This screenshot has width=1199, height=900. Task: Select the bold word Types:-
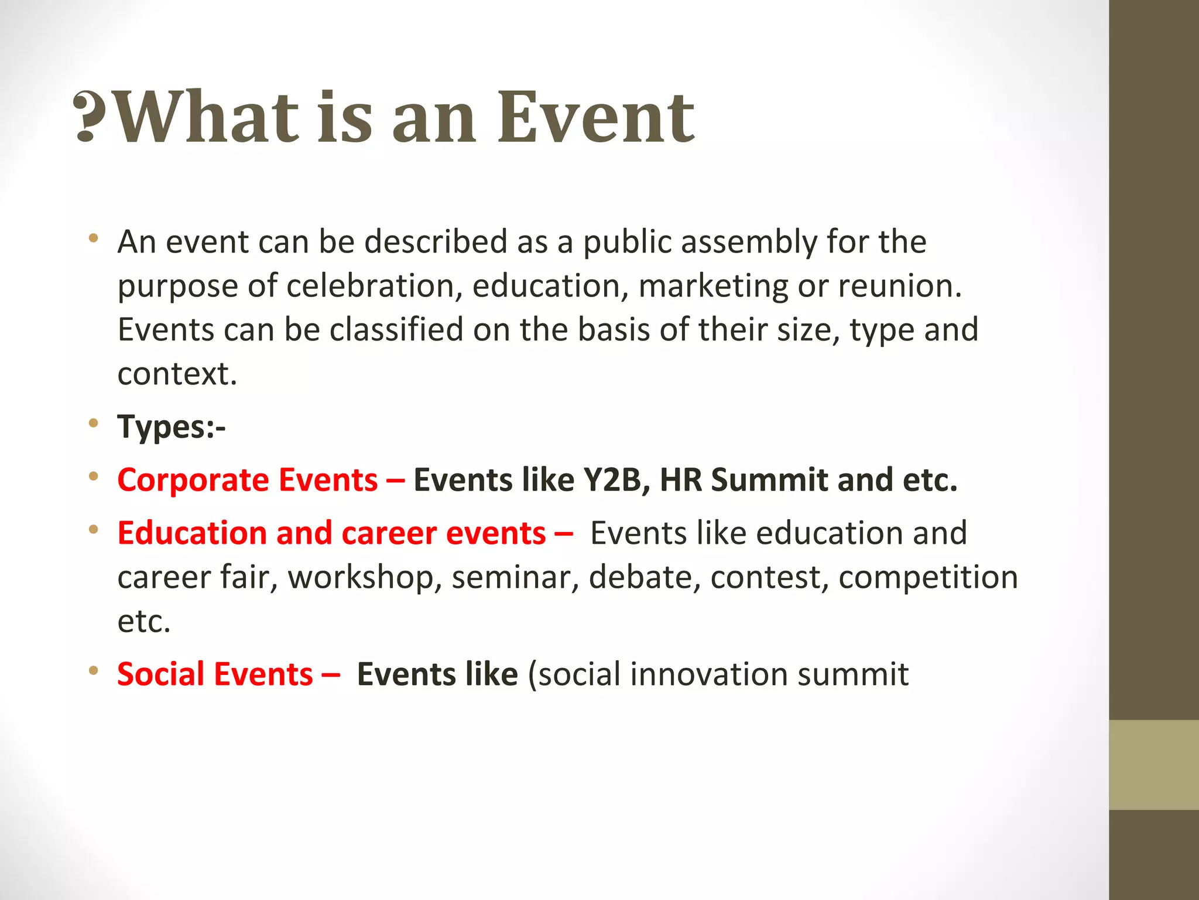pyautogui.click(x=171, y=427)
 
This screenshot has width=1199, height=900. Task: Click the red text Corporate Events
pyautogui.click(x=247, y=480)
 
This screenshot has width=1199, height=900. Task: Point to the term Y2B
pyautogui.click(x=615, y=480)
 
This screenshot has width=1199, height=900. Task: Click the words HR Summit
pyautogui.click(x=744, y=480)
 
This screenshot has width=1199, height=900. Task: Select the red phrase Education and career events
pyautogui.click(x=331, y=533)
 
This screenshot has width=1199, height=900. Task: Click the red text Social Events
pyautogui.click(x=215, y=674)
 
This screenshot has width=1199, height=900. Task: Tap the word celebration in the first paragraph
pyautogui.click(x=370, y=286)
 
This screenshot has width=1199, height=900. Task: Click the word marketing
pyautogui.click(x=712, y=286)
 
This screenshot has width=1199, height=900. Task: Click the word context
pyautogui.click(x=176, y=374)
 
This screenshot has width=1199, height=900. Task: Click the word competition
pyautogui.click(x=928, y=577)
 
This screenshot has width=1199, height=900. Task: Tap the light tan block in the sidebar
pyautogui.click(x=1153, y=765)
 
